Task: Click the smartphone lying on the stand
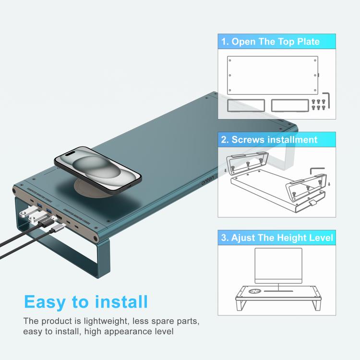[98, 169]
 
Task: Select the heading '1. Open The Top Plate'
[270, 41]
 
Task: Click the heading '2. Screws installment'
[269, 140]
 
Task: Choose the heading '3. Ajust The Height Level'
[277, 238]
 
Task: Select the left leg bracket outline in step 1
[244, 105]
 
